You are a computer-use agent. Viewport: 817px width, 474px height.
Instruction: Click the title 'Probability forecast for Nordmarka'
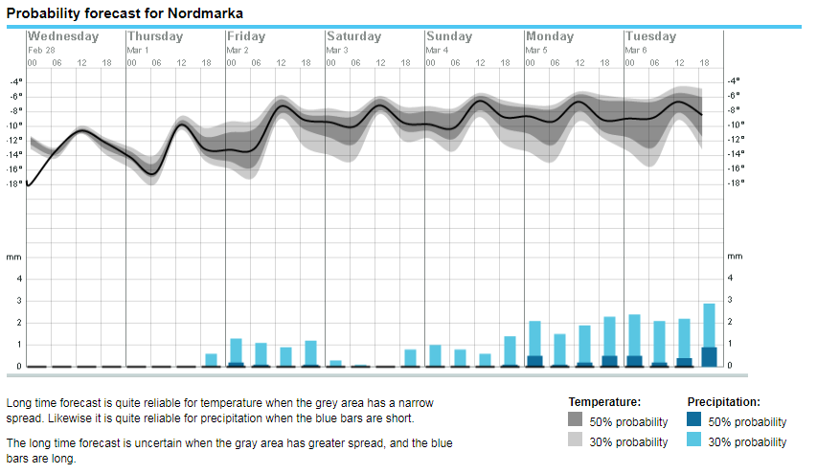click(x=125, y=14)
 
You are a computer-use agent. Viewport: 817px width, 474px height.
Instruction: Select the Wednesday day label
click(x=63, y=36)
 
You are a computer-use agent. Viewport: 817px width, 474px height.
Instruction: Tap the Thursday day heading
click(x=155, y=36)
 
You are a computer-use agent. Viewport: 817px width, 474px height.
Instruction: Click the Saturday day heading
click(x=353, y=36)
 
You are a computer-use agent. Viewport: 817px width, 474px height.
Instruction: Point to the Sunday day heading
click(x=450, y=36)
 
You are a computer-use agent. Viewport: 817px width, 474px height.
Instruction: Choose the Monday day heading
click(x=550, y=36)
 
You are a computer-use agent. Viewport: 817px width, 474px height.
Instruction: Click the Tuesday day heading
click(x=650, y=36)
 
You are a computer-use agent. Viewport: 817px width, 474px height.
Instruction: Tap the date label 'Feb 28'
click(x=42, y=50)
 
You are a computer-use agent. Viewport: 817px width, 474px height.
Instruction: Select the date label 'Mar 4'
click(x=438, y=50)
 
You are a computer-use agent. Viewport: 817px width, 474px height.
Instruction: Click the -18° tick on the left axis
click(x=15, y=182)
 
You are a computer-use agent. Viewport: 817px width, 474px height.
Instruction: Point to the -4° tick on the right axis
click(x=734, y=81)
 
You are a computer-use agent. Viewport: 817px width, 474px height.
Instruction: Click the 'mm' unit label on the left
click(x=13, y=257)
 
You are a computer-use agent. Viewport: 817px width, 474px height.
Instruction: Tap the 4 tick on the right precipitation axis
click(x=731, y=278)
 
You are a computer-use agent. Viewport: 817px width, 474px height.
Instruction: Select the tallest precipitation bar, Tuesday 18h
click(x=709, y=335)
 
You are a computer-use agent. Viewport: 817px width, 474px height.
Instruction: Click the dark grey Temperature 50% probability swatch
click(x=576, y=420)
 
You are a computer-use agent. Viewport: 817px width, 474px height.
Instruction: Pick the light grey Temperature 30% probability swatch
click(x=576, y=440)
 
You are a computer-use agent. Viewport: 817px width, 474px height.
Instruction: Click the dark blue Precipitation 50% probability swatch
click(x=694, y=420)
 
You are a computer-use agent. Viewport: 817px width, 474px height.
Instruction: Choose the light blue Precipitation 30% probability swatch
click(x=694, y=440)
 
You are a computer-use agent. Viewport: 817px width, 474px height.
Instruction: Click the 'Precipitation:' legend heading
click(x=723, y=402)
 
